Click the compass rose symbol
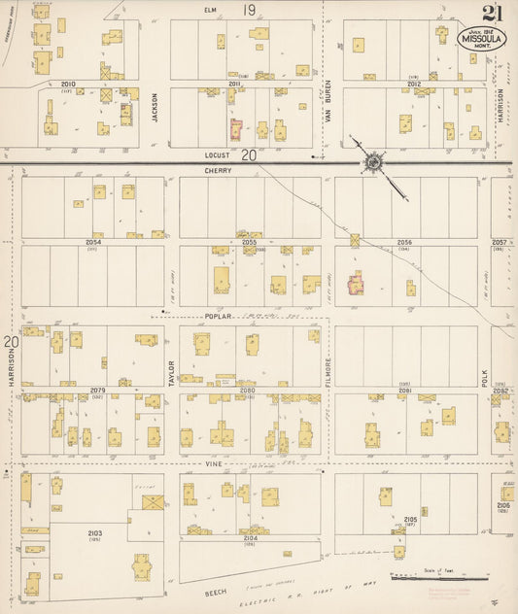point(372,162)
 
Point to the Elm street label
point(207,10)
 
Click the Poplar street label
point(217,317)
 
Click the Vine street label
point(215,465)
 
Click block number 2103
point(93,533)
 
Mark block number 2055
point(248,242)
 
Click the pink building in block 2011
point(235,129)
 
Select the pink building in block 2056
point(356,284)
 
